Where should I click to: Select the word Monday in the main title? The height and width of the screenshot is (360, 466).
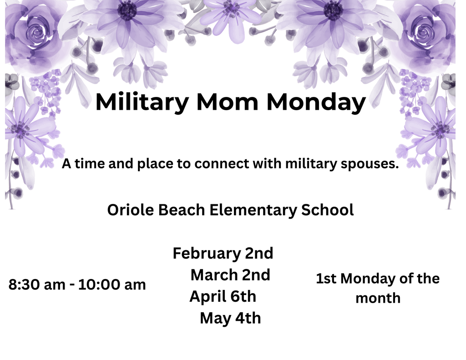tap(316, 102)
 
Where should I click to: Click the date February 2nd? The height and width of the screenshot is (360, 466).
tap(223, 253)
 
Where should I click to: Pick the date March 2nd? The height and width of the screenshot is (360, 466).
tap(230, 275)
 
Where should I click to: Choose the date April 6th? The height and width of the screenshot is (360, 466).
tap(223, 296)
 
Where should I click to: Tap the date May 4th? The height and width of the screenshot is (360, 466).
tap(230, 318)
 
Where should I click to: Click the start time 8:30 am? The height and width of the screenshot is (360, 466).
tap(37, 285)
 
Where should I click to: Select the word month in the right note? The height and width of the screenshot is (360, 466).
tap(378, 299)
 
